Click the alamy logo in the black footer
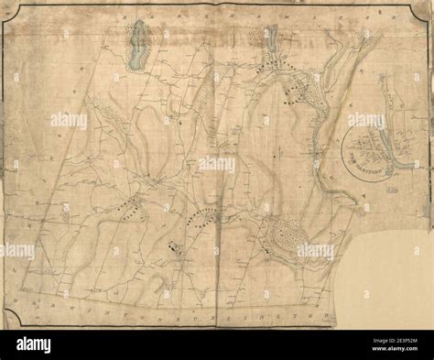pos(37,344)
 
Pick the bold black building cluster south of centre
pos(174,245)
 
